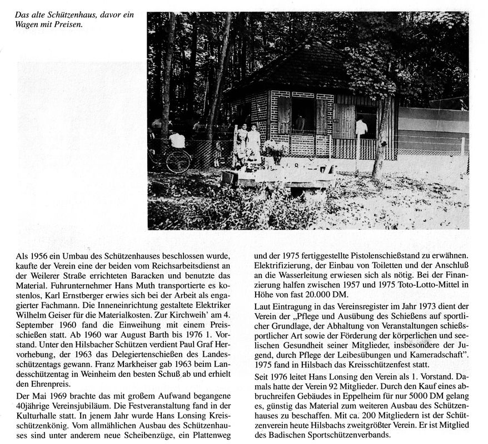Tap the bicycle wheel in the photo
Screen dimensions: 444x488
tap(178, 161)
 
